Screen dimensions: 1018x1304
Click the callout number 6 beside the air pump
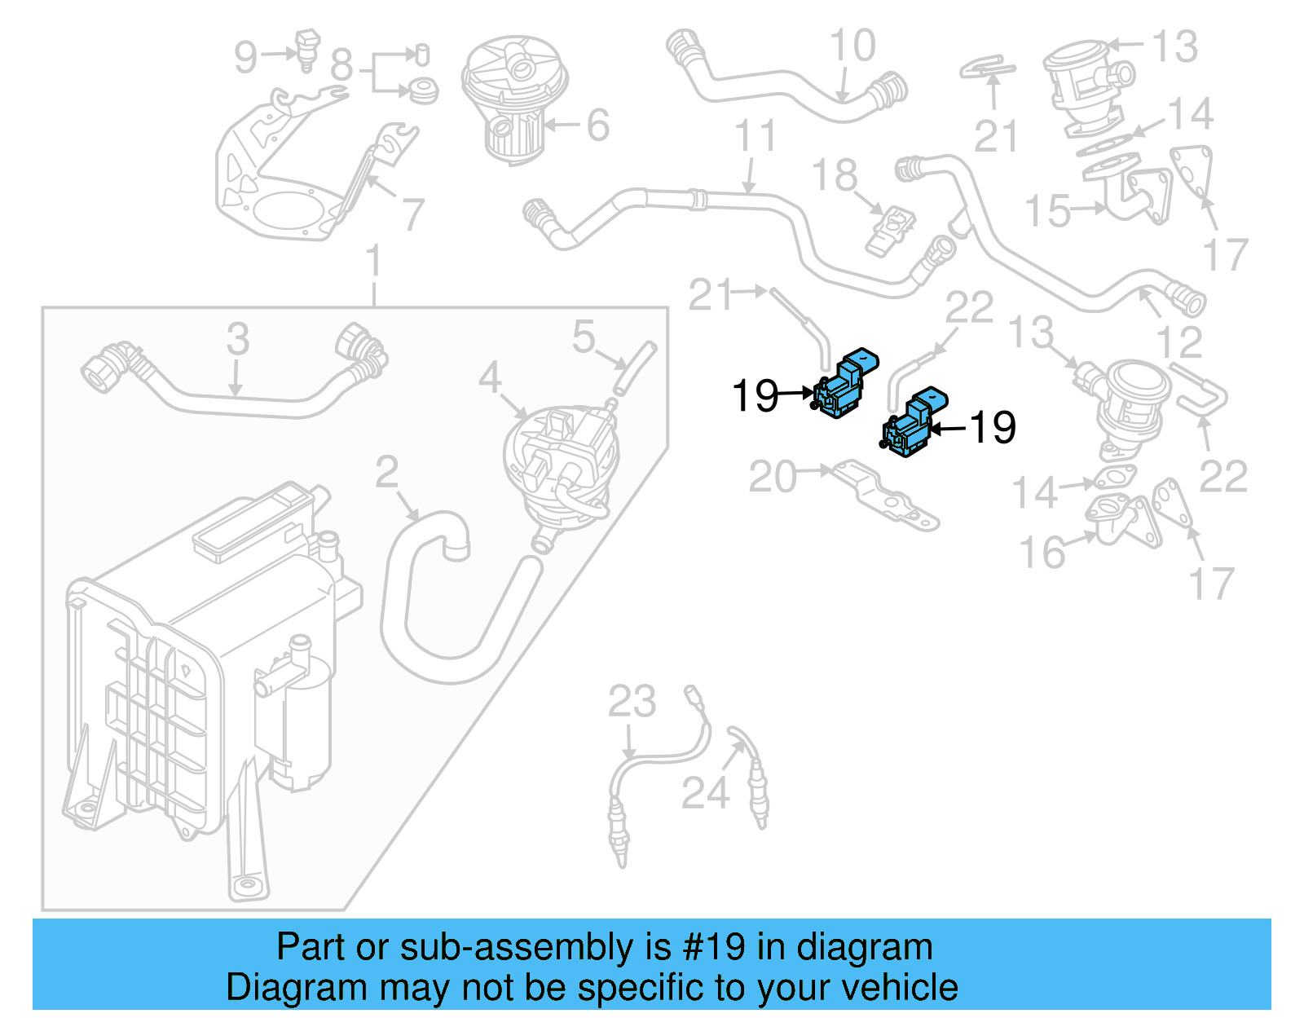pos(597,126)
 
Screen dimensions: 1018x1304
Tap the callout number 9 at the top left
pos(245,57)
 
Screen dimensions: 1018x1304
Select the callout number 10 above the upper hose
pos(852,46)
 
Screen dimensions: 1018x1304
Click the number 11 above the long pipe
pos(755,136)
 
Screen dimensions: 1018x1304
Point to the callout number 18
pos(835,175)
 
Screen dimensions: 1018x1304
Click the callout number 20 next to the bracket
pos(772,477)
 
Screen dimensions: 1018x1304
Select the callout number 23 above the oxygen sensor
pos(632,702)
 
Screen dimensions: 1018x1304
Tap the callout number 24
pos(705,792)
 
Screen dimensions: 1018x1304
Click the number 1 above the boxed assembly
pos(373,262)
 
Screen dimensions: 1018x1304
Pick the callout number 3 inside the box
pos(237,338)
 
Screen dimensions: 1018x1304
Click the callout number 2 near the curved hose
pos(387,472)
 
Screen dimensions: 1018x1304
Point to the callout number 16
pos(1042,553)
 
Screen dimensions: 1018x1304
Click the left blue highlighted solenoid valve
pos(844,387)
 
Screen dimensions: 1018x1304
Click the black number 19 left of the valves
pos(756,396)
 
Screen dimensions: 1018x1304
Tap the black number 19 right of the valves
pos(993,427)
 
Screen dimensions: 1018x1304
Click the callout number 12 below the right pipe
pos(1178,342)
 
